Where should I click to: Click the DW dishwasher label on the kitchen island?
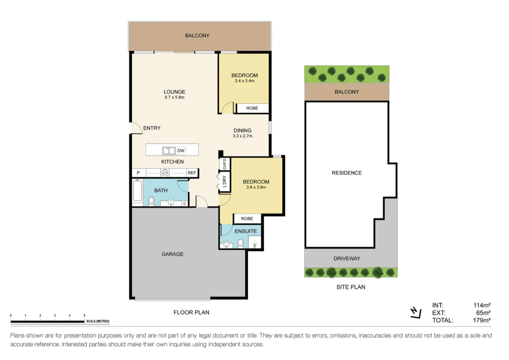pos(181,150)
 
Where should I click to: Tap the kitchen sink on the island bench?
pos(169,150)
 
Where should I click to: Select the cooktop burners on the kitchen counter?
pos(165,172)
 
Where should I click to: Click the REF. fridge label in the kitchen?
pos(192,172)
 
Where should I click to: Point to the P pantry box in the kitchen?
pos(138,172)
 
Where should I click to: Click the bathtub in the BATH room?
pos(137,190)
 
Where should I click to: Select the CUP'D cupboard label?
pos(224,164)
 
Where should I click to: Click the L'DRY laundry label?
pos(224,181)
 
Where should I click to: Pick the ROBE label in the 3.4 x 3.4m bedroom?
pos(252,108)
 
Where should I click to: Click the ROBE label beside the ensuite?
pos(247,219)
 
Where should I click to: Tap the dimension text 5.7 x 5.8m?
pos(175,97)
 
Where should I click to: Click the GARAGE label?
pos(173,254)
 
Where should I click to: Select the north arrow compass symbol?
pos(415,313)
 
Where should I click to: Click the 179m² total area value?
pos(482,320)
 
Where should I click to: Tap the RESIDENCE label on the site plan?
pos(346,173)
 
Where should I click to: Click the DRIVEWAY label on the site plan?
pos(347,258)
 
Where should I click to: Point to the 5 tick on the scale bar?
pos(84,315)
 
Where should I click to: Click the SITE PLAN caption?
pos(351,287)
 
